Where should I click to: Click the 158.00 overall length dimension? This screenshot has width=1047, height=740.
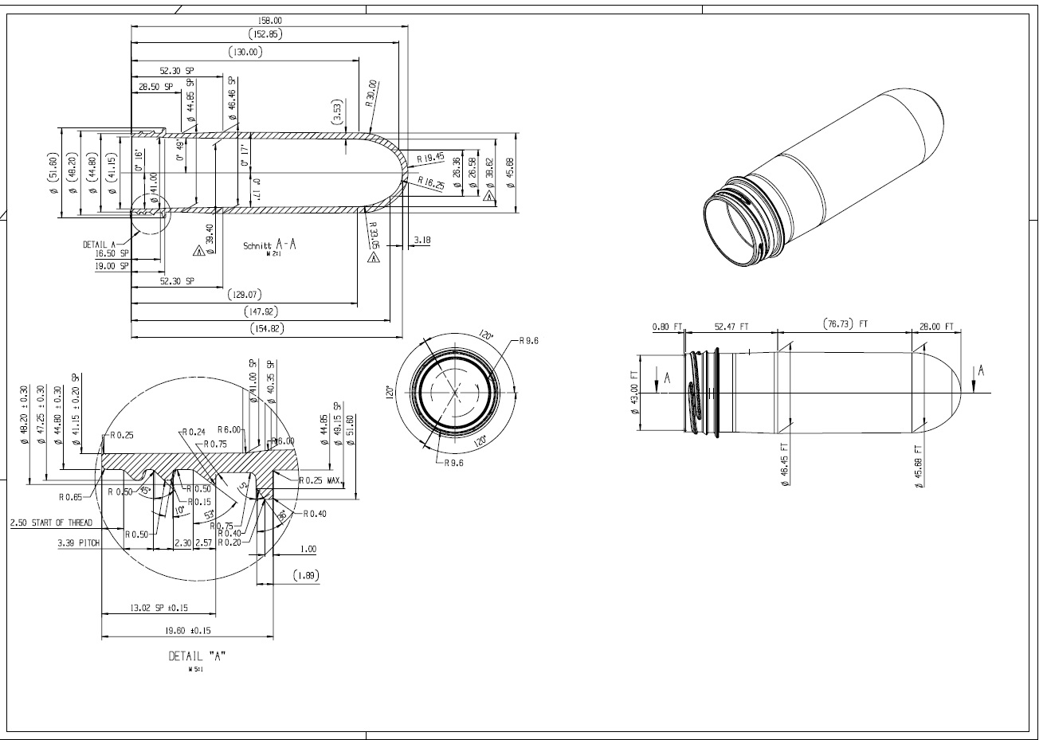[271, 20]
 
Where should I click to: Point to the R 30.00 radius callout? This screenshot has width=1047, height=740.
[371, 94]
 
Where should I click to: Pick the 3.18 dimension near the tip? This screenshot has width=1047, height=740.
[422, 240]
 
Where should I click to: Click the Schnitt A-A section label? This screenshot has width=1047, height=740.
[270, 246]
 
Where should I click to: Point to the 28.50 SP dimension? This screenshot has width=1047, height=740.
[155, 87]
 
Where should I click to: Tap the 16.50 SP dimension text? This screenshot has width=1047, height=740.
[112, 253]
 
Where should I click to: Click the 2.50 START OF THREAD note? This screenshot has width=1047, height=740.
[51, 523]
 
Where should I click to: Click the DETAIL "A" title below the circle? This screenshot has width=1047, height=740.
[197, 656]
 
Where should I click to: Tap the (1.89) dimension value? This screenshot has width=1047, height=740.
[306, 575]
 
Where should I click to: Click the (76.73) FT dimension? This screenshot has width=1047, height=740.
[844, 324]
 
